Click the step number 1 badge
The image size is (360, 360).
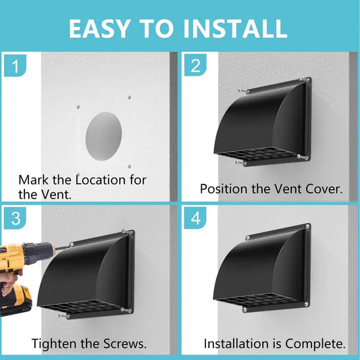click(x=15, y=66)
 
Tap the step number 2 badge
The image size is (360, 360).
click(x=195, y=65)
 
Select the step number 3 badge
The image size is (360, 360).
click(x=15, y=218)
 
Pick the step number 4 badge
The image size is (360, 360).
click(x=195, y=218)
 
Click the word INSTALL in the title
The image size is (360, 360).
click(x=236, y=28)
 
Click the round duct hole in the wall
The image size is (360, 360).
click(x=103, y=136)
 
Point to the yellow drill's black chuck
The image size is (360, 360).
click(x=39, y=252)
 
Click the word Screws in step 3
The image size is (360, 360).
click(x=125, y=344)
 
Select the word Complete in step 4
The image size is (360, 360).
click(x=315, y=344)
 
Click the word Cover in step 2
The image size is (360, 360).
click(x=324, y=188)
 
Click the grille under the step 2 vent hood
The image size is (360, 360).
click(x=256, y=153)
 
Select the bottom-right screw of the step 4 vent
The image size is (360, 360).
click(x=306, y=305)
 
